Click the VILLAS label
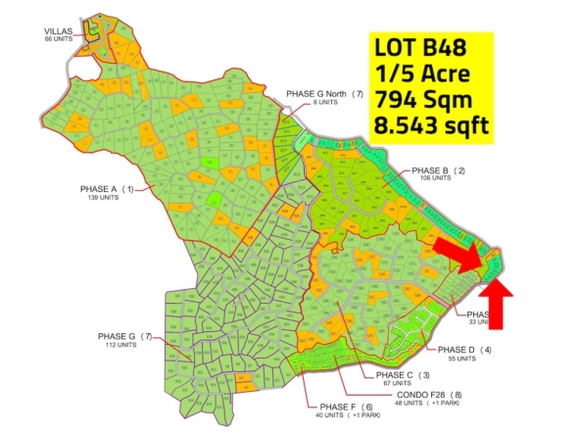click(x=58, y=31)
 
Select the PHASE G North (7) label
click(x=324, y=94)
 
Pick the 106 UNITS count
click(x=433, y=178)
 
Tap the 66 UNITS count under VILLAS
click(x=59, y=39)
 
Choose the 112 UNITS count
click(x=130, y=344)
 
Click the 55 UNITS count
click(x=460, y=359)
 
